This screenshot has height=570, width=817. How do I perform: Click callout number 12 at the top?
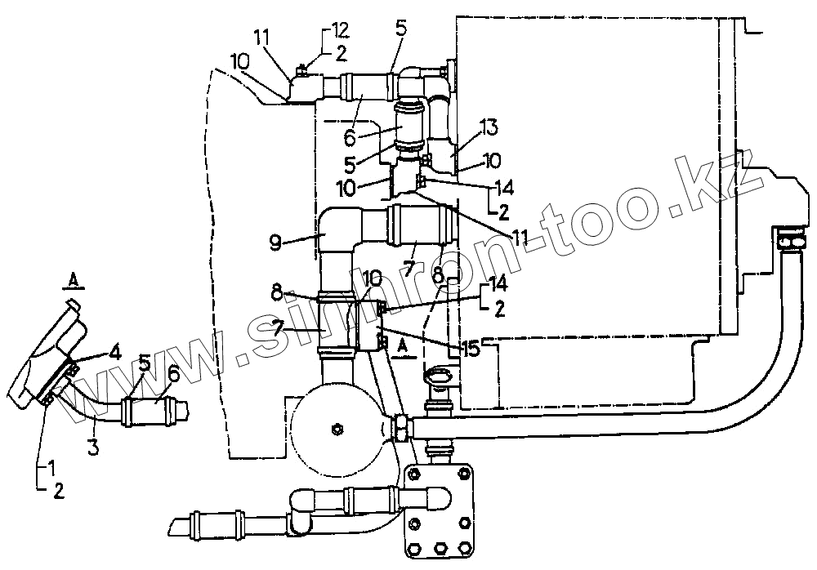point(339,31)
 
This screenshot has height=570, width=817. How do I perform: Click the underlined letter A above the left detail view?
point(73,281)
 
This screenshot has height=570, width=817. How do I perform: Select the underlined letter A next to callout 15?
point(400,346)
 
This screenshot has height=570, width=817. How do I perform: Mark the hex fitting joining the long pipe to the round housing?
point(401,426)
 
